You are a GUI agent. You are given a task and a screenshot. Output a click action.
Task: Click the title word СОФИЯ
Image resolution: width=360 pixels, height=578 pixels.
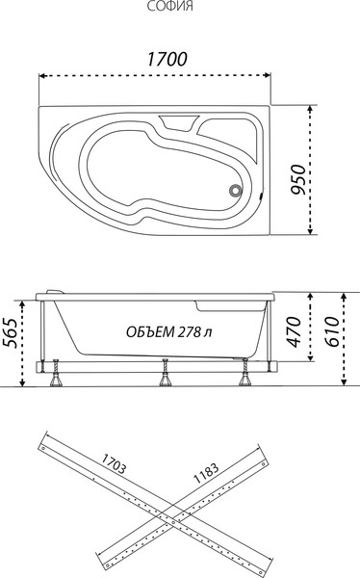tap(169, 6)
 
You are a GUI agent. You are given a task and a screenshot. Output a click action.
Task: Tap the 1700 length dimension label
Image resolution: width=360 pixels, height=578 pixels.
tap(167, 59)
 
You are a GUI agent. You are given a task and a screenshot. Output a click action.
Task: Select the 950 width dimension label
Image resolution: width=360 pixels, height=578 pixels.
tap(297, 179)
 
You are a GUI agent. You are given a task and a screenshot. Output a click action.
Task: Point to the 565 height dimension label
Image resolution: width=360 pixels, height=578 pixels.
tap(11, 332)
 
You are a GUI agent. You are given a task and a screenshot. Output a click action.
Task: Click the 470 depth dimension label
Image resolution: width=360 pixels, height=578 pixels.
tap(294, 331)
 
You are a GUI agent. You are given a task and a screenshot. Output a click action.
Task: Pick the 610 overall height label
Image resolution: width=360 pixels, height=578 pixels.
tap(331, 331)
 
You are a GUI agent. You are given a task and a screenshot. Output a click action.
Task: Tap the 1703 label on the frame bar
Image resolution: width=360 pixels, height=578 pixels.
tap(114, 463)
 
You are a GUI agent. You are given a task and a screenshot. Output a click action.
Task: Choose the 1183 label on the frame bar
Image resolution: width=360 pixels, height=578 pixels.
tap(206, 473)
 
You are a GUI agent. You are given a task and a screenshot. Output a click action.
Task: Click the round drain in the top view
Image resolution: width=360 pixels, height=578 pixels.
tap(235, 191)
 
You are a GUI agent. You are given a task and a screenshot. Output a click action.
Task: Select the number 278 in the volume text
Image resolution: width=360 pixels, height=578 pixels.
tap(190, 331)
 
